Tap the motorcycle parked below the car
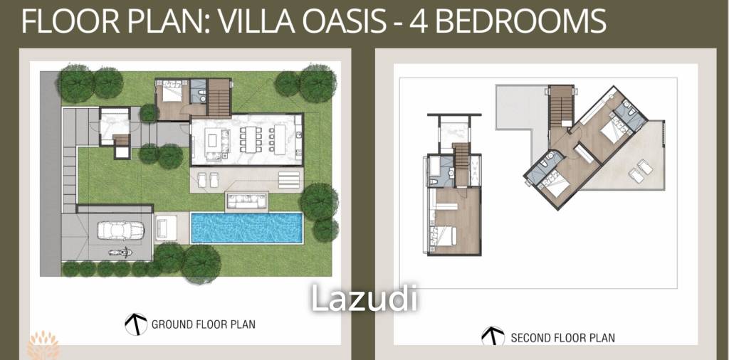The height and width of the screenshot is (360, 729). (115, 252)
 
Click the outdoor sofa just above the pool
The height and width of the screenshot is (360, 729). (248, 202)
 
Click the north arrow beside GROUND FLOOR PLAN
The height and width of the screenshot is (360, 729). (135, 324)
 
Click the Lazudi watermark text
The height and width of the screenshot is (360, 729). (364, 298)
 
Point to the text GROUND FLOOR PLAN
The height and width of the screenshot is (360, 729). (203, 324)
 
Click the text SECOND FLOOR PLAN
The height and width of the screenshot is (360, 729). (562, 338)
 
